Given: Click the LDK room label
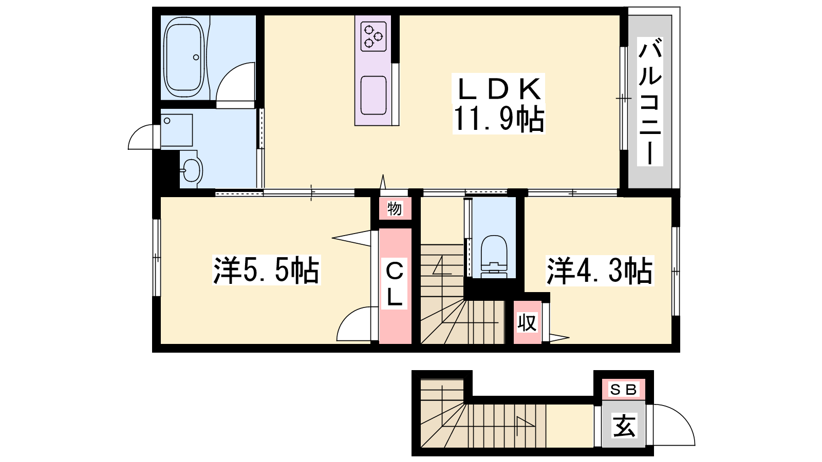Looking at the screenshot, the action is (499, 89).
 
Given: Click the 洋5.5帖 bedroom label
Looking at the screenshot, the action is (266, 270).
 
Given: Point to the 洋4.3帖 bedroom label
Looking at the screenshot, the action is (600, 271).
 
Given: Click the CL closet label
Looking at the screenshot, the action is (395, 283).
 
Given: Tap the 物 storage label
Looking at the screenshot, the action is (395, 209).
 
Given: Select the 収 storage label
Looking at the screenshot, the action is (527, 323).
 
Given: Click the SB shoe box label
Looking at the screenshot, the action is (624, 390).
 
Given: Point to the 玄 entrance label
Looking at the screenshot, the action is (624, 426).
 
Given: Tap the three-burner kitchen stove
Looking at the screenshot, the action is (373, 36).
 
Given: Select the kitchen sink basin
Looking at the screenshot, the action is (373, 95).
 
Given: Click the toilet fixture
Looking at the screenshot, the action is (494, 256).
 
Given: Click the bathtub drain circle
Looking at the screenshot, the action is (196, 57).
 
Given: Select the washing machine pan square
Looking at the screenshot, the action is (177, 130).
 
